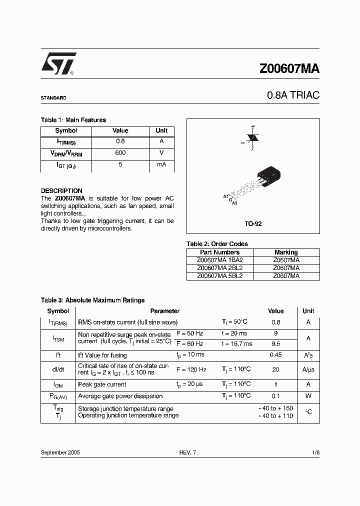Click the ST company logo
click(58, 64)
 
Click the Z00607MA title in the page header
click(289, 69)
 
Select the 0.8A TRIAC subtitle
click(293, 95)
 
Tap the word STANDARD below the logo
click(53, 98)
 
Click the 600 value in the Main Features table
click(120, 153)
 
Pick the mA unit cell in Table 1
click(161, 164)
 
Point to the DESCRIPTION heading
click(61, 191)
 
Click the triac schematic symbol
click(253, 137)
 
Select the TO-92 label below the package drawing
click(253, 224)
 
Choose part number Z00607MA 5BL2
click(220, 275)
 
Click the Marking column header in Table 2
click(286, 252)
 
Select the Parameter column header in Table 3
click(164, 311)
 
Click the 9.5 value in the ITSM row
click(275, 344)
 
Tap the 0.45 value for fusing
click(275, 355)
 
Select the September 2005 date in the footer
click(60, 452)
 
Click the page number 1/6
click(315, 452)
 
